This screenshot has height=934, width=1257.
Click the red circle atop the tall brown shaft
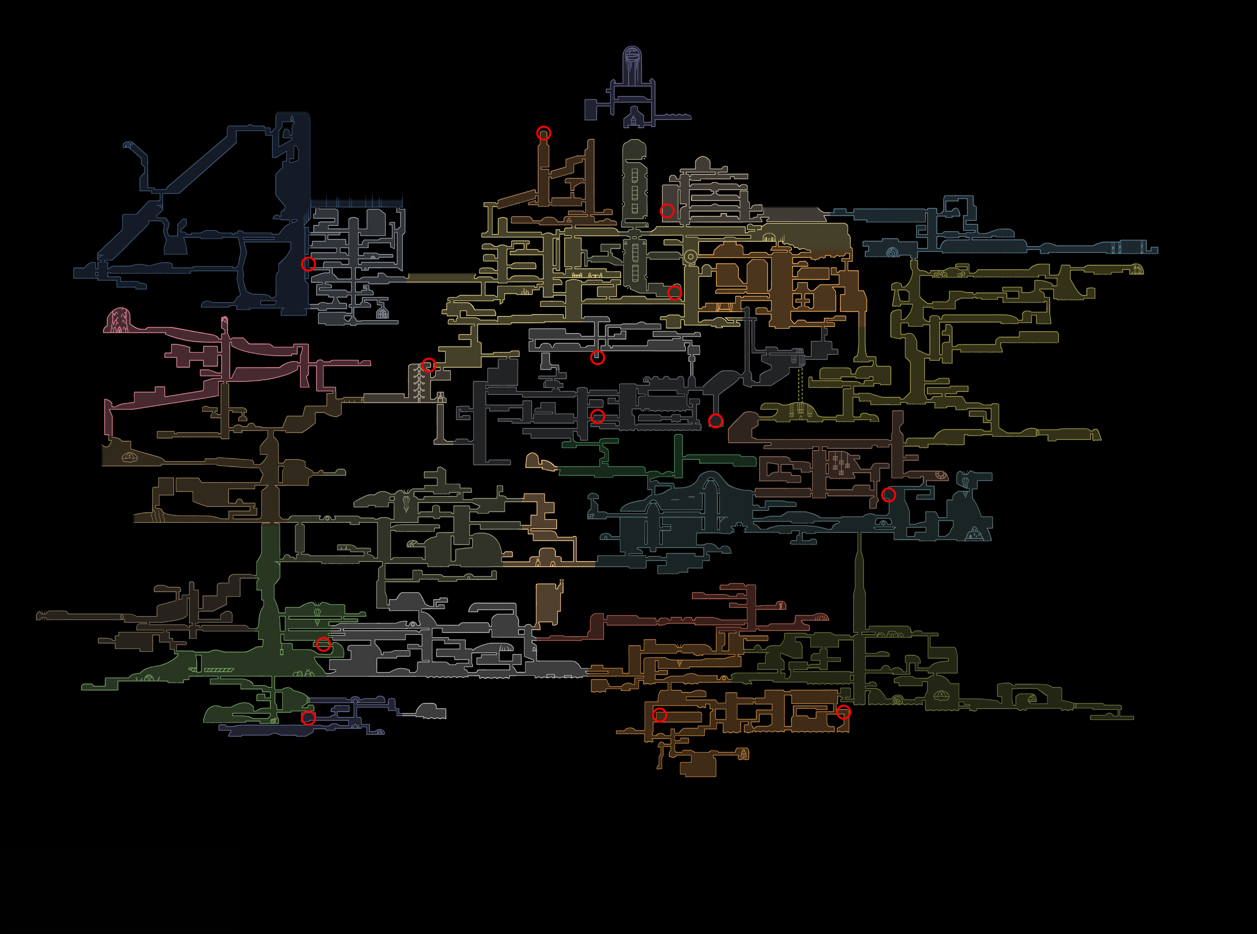543,133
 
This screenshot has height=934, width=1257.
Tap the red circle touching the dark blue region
308,264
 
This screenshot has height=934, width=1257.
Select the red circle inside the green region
323,644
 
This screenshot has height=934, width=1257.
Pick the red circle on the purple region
308,718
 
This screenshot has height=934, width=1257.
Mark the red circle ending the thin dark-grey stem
716,420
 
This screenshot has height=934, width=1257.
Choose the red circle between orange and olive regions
843,712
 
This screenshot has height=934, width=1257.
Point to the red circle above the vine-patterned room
428,365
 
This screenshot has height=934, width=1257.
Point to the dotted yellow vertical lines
800,385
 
